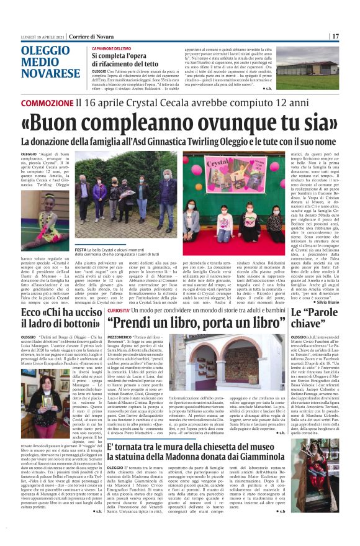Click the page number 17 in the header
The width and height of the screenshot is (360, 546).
point(352,36)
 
